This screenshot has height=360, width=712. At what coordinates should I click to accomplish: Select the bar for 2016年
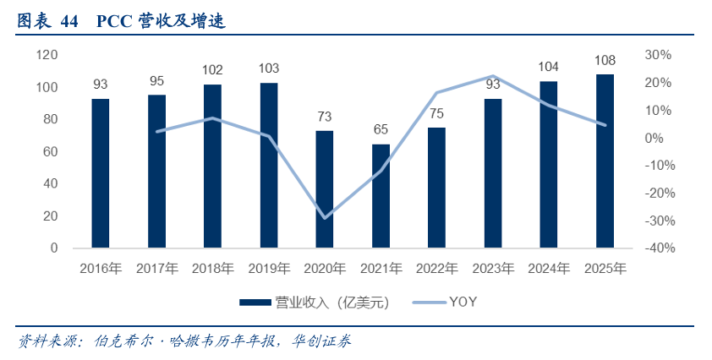(x=101, y=173)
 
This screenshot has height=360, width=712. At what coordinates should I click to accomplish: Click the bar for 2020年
(x=325, y=189)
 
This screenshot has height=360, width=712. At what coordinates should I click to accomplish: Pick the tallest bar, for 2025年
(x=605, y=161)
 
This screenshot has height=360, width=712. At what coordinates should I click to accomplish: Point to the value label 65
(x=381, y=129)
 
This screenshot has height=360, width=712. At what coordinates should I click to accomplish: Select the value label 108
(x=605, y=60)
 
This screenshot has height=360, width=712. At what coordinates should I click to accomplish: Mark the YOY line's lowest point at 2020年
(x=325, y=217)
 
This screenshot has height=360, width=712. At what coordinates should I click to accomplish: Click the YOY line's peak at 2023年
(x=493, y=77)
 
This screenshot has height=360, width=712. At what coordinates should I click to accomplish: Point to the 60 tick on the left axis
(x=50, y=152)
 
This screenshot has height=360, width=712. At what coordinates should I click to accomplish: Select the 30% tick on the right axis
(x=657, y=55)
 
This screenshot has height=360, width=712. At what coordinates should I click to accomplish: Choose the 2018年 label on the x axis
(x=213, y=270)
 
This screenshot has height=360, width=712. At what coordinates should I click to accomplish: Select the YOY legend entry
(x=464, y=303)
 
